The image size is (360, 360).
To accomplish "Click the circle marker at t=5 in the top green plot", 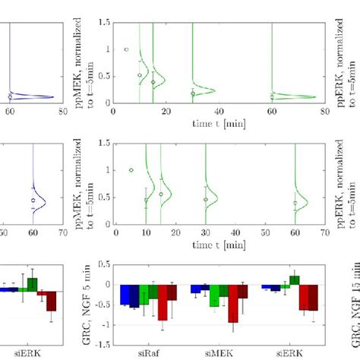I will pos(126,49).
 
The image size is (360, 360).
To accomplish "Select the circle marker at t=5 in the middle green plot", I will pos(131,170).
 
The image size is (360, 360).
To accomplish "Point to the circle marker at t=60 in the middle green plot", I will pos(295,203).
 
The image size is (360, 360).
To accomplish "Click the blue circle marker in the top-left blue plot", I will pos(10,97).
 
